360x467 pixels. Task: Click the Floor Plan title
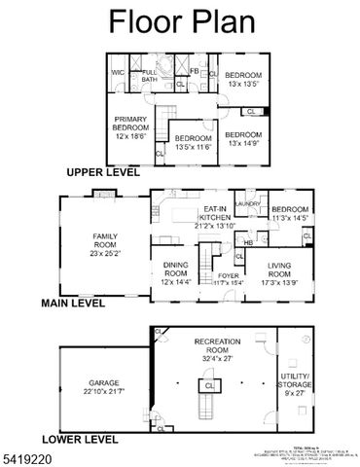[x=180, y=21]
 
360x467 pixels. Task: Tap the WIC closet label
[x=118, y=72]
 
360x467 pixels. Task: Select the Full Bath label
[x=149, y=76]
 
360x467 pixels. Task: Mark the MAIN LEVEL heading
[x=72, y=304]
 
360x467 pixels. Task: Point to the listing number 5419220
[x=25, y=456]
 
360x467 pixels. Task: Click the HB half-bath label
[x=249, y=241]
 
